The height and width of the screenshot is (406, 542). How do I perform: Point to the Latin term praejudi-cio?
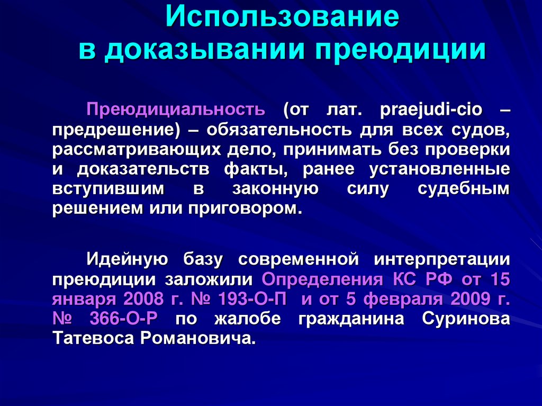(x=421, y=110)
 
